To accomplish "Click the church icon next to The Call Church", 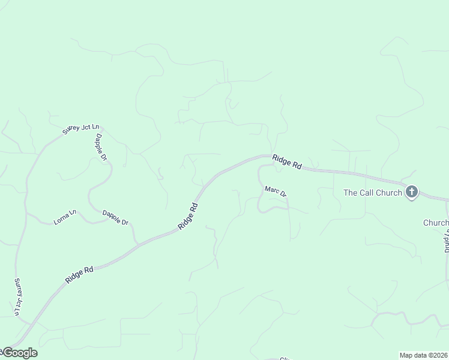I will point(412,192).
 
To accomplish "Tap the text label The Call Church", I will point(372,193).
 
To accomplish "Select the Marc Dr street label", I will point(276,192).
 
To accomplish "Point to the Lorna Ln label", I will point(65,217).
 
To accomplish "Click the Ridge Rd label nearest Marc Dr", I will point(287,162).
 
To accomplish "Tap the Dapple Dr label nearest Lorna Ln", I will point(115,217).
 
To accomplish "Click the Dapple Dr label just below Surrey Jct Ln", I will point(101,146).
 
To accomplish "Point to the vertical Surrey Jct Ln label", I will point(18,296).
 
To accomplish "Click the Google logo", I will point(19,353).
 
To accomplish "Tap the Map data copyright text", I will point(424,355).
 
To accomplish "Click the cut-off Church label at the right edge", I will point(436,223).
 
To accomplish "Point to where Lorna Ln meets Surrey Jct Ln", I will point(26,212).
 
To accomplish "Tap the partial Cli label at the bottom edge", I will point(286,358).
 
